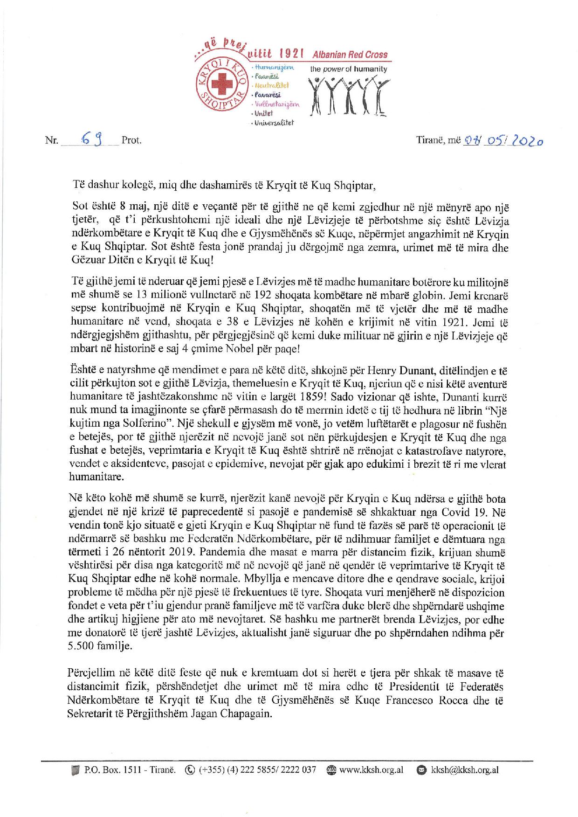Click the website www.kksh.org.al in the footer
371,770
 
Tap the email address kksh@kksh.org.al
464,770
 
